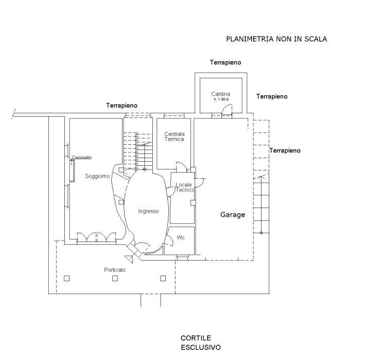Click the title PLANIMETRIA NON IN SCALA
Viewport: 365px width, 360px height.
(276, 39)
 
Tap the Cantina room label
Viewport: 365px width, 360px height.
(221, 94)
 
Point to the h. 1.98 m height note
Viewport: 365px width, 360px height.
(221, 99)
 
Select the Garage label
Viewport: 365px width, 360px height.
(233, 215)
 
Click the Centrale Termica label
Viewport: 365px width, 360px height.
(174, 136)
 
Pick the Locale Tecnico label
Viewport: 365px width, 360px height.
(184, 187)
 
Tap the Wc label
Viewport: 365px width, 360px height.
(181, 237)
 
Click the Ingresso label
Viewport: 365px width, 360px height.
(148, 211)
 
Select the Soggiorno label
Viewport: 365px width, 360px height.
(98, 176)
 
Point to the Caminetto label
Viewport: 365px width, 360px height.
(82, 158)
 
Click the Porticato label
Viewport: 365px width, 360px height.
(114, 269)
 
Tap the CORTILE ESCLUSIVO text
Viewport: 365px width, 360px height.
(200, 342)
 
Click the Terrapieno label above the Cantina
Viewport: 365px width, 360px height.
(225, 62)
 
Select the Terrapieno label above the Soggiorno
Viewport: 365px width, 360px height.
(122, 105)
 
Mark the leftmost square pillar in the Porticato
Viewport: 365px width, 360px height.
(66, 278)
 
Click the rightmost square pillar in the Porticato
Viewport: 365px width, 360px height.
(163, 278)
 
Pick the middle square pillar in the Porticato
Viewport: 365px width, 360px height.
(115, 278)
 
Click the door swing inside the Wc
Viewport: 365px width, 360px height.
(170, 240)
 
